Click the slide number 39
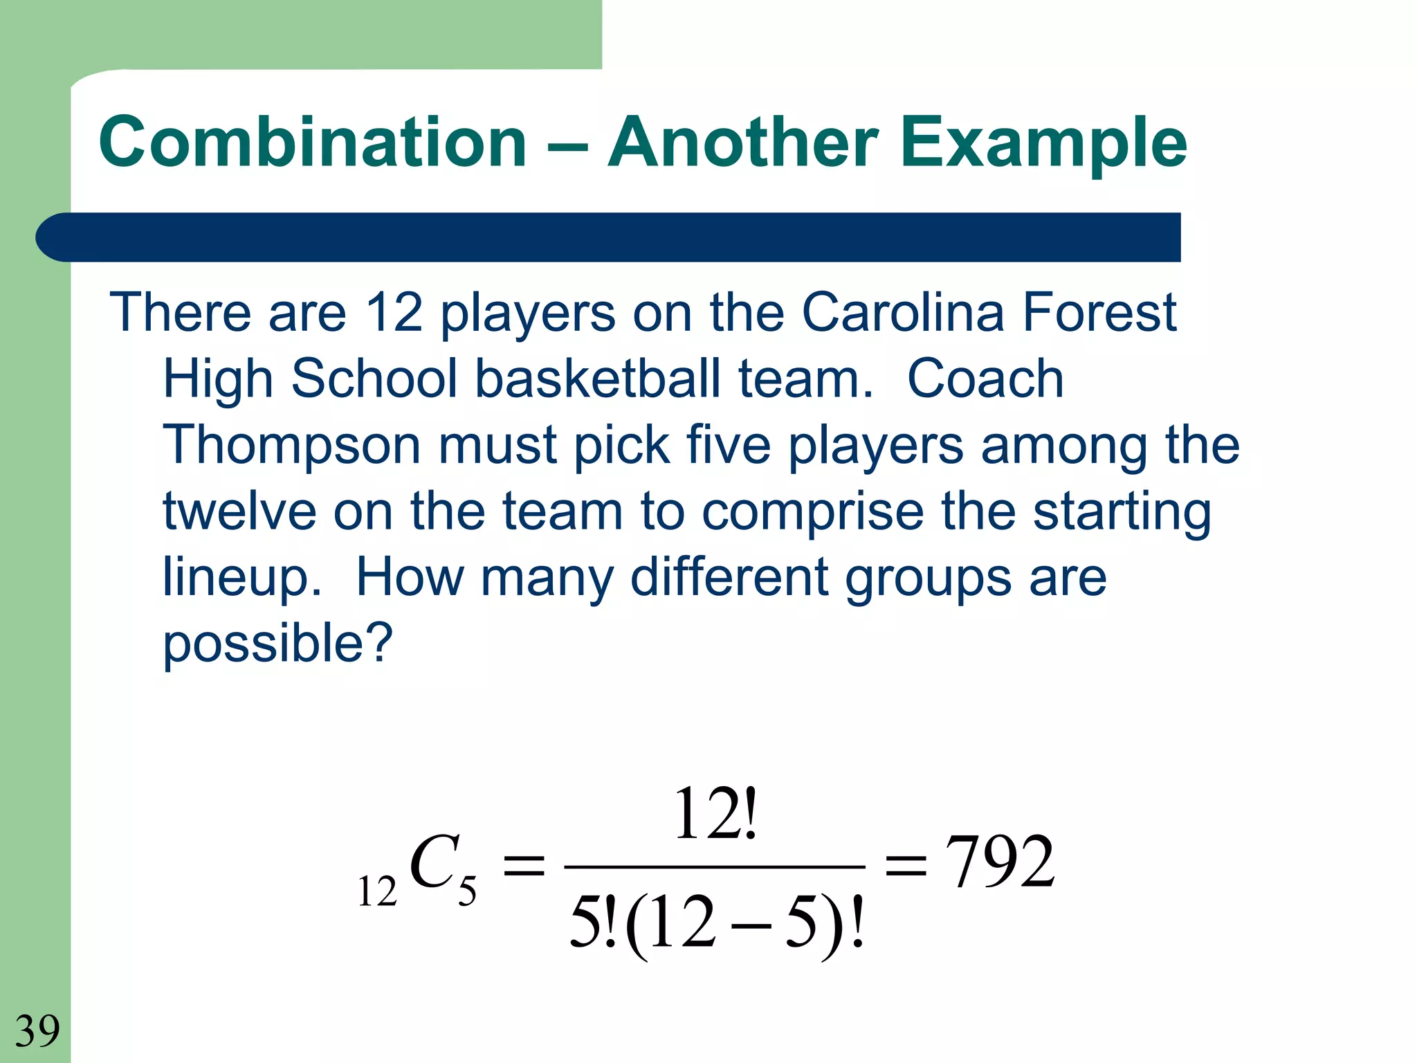(x=37, y=1030)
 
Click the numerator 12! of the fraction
(x=715, y=814)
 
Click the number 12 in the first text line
(x=394, y=312)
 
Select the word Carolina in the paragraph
(x=902, y=312)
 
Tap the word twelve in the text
(x=239, y=511)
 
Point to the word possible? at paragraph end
(x=277, y=644)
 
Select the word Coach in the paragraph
(x=985, y=379)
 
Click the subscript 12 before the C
(x=377, y=891)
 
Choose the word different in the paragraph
(x=729, y=577)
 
